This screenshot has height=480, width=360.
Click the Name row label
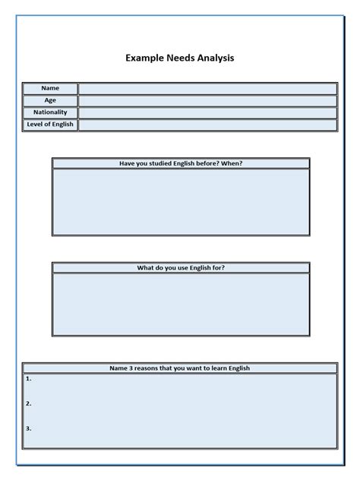point(50,89)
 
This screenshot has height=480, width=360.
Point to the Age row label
point(50,100)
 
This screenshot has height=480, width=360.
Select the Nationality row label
point(50,112)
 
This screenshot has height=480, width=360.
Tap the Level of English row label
point(50,125)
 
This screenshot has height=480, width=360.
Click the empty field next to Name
point(207,89)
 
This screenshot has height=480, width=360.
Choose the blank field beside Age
point(207,100)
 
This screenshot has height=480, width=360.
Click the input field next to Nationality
point(207,112)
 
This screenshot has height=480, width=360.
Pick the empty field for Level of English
point(207,125)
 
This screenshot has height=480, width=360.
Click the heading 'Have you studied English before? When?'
point(181,163)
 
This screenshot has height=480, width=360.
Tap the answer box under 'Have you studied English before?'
point(181,202)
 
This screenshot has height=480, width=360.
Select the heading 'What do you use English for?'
point(181,268)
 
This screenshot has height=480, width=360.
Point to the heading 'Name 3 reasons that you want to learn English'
point(180,368)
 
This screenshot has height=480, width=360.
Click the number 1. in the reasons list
point(28,378)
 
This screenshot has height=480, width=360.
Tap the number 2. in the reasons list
point(28,403)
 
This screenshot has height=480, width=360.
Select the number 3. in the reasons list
point(28,428)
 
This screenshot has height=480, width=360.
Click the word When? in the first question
point(233,163)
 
